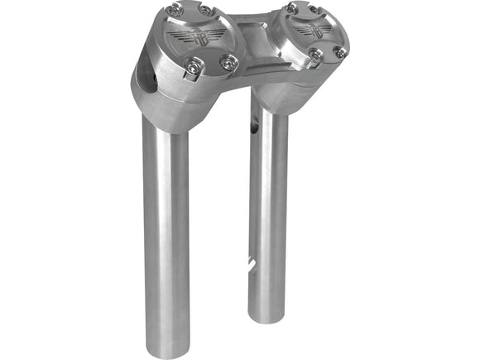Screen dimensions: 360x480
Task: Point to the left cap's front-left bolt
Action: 193,70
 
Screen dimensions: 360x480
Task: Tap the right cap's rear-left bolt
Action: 290,7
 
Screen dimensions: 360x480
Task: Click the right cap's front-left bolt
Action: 314,55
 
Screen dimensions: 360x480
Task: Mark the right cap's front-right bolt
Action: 339,51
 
